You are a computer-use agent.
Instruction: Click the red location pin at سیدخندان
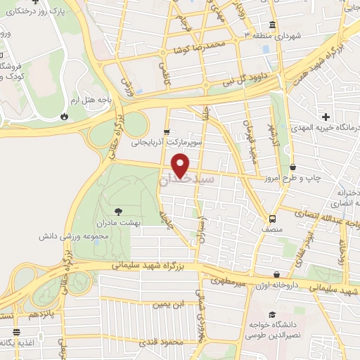click(x=181, y=165)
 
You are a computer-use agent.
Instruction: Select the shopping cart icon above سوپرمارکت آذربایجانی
click(x=167, y=131)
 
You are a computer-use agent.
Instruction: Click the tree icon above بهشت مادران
click(x=117, y=210)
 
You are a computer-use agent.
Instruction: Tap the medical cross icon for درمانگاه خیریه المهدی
click(x=324, y=116)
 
